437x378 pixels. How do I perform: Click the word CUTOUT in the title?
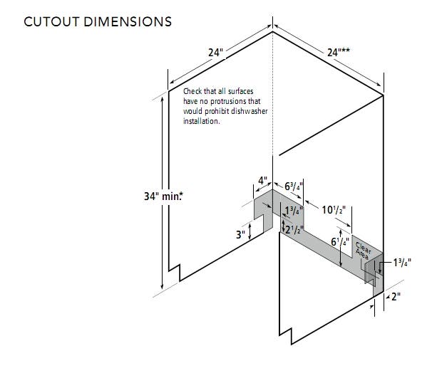[51, 21]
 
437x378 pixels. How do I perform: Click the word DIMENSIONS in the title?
[128, 21]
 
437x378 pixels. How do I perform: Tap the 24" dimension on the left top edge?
[216, 53]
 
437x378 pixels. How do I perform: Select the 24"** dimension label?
[339, 52]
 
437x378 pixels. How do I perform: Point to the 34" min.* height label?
[163, 196]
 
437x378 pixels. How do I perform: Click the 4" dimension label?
[262, 181]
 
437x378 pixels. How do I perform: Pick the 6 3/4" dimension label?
[294, 186]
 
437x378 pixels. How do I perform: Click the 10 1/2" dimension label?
[334, 210]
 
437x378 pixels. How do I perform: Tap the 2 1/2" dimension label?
[294, 229]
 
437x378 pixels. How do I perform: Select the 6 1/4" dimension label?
[340, 242]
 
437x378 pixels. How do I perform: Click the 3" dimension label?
[240, 235]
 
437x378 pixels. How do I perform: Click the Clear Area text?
[363, 251]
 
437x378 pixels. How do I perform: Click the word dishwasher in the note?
[250, 111]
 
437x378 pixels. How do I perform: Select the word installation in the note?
[202, 121]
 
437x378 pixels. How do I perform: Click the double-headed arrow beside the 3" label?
[250, 232]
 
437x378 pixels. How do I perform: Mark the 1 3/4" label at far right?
[402, 263]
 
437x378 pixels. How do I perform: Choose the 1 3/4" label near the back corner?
[294, 211]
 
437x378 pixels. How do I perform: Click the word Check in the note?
[192, 91]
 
